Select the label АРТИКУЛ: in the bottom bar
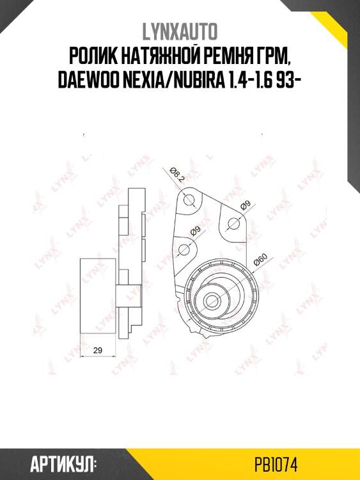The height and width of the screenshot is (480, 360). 63,463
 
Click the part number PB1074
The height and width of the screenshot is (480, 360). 276,463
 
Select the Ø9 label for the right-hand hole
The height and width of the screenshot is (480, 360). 244,206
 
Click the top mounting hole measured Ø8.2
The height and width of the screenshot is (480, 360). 188,202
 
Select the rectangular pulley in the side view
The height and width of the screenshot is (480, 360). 96,298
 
